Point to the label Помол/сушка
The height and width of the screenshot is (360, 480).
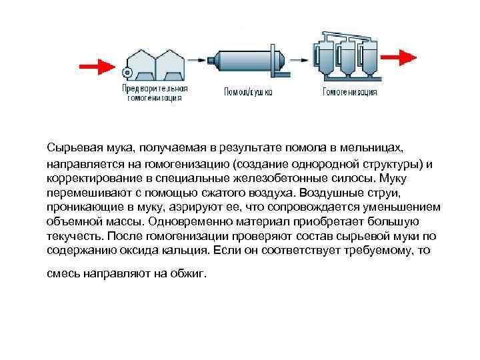(x=248, y=91)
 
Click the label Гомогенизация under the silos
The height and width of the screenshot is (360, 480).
(x=350, y=92)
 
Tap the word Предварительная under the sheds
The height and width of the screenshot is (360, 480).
(x=155, y=88)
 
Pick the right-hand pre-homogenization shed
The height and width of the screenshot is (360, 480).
(x=170, y=64)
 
